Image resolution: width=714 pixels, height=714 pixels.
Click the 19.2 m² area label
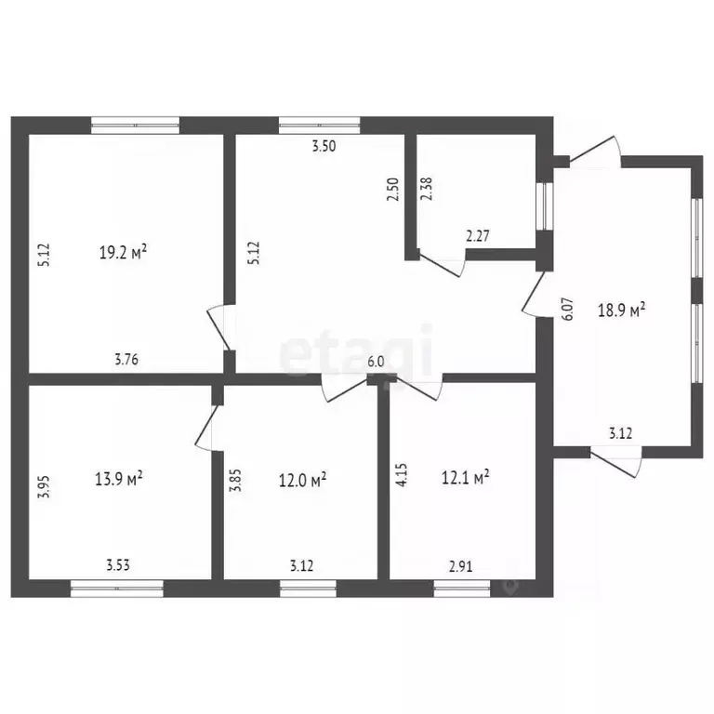125,251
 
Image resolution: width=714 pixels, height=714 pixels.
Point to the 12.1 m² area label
466,478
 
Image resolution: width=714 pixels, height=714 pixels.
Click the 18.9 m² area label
625,311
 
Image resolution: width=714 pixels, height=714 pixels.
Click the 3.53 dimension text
118,563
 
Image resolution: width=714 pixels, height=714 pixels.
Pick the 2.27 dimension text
478,236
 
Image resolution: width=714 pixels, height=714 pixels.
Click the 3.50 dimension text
324,146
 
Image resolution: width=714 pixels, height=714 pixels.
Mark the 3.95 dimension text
42,488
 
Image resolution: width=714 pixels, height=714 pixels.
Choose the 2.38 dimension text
426,189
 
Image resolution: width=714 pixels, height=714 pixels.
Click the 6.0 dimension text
377,362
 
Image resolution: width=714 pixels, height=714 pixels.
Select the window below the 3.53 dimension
117,587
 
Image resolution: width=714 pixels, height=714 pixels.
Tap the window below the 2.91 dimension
462,587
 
